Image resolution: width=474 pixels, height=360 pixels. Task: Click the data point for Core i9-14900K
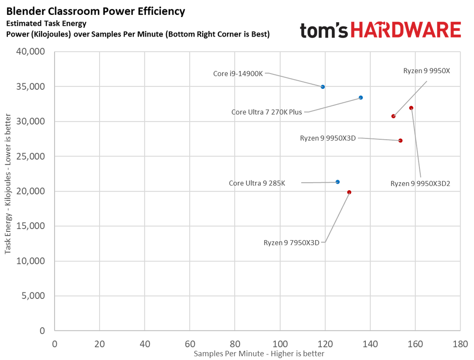[323, 87]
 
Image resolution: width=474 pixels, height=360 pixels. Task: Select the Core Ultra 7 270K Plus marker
[361, 98]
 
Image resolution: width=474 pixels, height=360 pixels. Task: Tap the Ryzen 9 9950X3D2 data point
[411, 108]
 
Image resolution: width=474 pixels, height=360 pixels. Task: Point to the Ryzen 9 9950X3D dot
[400, 141]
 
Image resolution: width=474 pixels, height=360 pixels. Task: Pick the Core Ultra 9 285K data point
[337, 182]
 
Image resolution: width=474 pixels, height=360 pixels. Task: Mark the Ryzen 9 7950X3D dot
[349, 192]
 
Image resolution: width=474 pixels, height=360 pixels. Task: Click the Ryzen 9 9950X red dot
[393, 116]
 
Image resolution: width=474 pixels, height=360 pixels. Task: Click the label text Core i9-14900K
[238, 74]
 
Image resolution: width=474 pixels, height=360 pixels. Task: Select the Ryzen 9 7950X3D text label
[292, 243]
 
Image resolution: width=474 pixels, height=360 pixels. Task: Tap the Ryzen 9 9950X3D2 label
[420, 184]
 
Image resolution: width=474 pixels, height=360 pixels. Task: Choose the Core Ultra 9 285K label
[257, 183]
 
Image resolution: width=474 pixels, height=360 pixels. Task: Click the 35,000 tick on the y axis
[30, 87]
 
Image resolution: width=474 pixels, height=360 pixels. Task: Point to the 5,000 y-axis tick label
[33, 296]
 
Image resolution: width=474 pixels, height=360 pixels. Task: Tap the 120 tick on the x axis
[325, 344]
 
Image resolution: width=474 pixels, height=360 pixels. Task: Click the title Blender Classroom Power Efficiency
[95, 11]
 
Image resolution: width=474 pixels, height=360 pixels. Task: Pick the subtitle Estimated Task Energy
[46, 23]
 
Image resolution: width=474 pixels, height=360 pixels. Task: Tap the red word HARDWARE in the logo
[406, 30]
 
